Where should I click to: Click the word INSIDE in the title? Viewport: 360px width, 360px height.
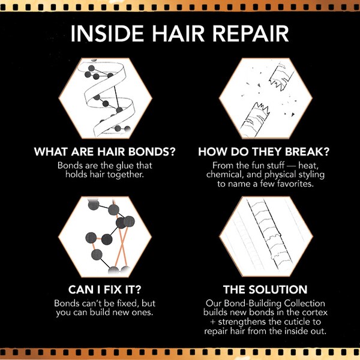click(103, 34)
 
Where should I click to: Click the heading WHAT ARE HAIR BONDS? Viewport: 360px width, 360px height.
click(104, 152)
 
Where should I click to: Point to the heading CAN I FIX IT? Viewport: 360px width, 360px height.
click(104, 289)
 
